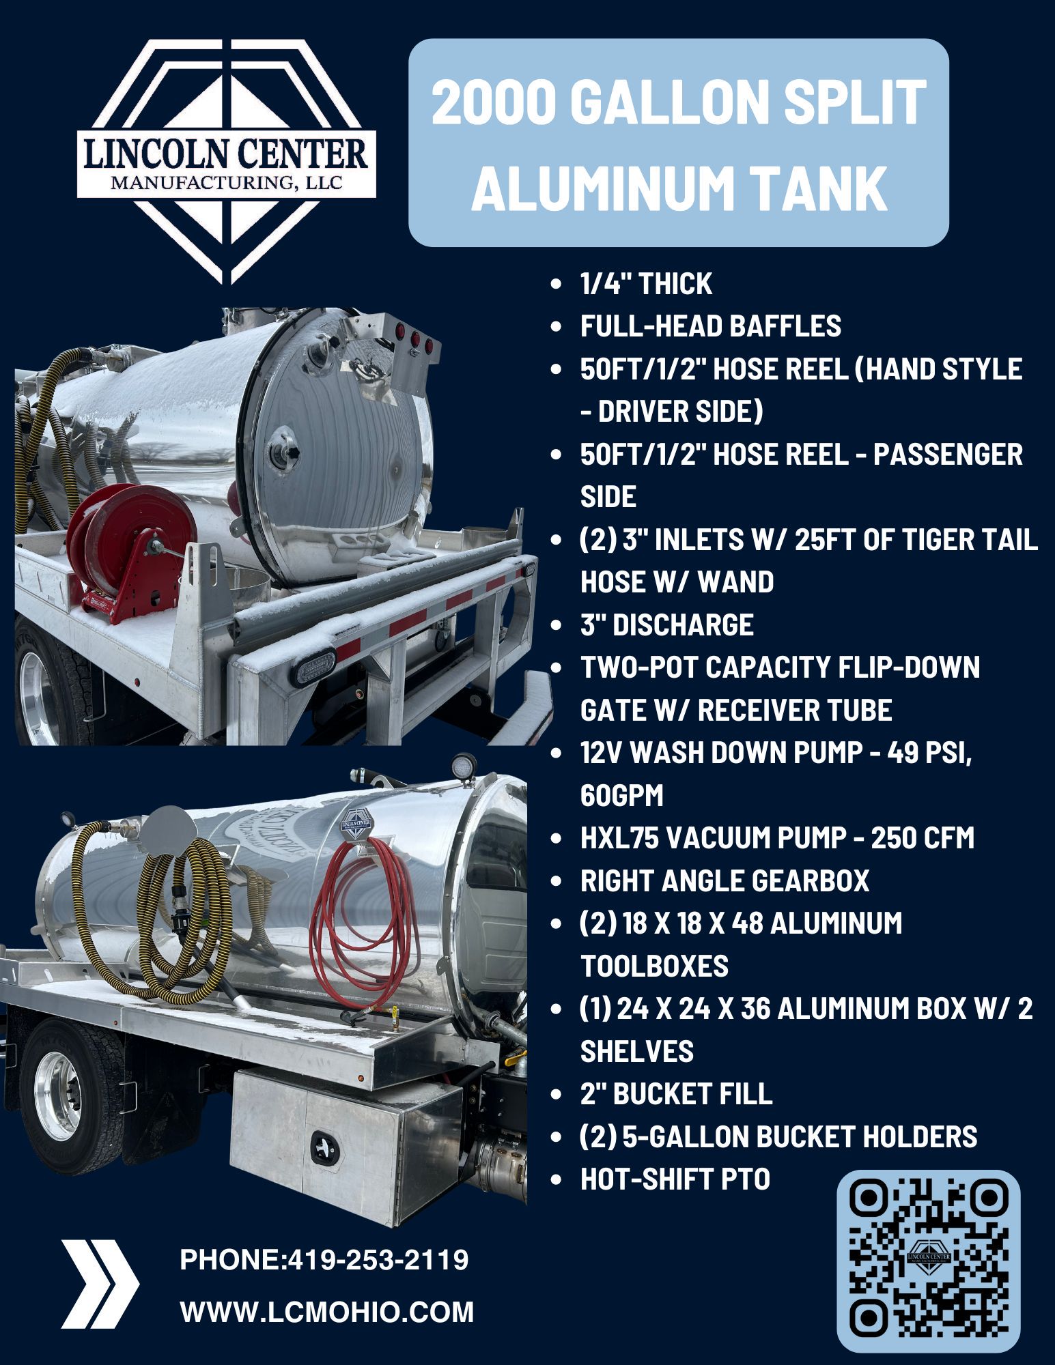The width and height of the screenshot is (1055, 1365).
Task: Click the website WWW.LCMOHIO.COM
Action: click(326, 1312)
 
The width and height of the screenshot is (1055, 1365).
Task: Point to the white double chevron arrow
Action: click(100, 1284)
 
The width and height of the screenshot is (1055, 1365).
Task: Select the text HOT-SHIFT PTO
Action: click(675, 1179)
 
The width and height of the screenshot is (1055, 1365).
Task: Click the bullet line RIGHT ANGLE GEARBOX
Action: click(725, 880)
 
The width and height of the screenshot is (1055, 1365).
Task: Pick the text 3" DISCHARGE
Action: click(666, 624)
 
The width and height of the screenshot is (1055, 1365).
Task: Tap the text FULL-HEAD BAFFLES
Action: click(710, 326)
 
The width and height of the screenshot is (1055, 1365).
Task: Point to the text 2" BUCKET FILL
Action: click(676, 1093)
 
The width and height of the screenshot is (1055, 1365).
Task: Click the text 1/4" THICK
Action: click(646, 284)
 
